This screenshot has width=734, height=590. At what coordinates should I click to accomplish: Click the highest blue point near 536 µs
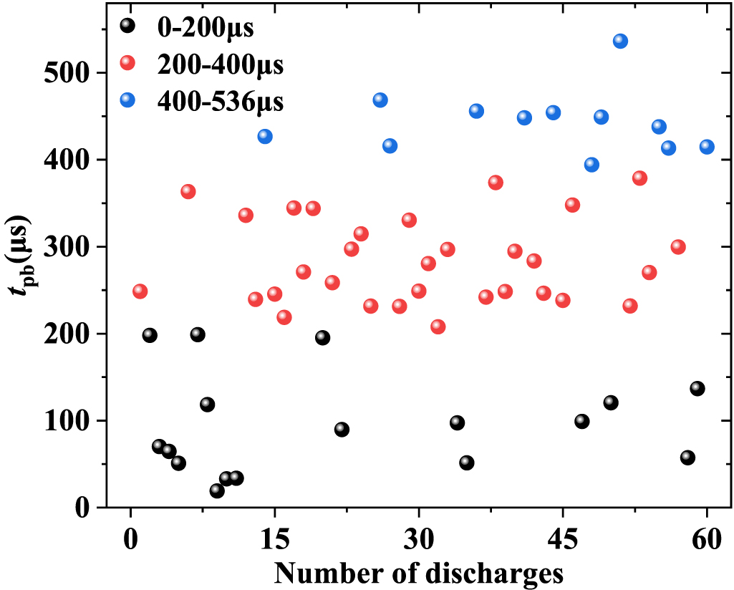coord(620,41)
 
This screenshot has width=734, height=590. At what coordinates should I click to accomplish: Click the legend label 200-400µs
coord(220,65)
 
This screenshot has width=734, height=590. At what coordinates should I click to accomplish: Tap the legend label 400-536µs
coord(220,102)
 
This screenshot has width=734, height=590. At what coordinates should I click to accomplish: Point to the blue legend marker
coord(127,100)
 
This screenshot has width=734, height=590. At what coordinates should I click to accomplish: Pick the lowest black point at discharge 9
coord(217,490)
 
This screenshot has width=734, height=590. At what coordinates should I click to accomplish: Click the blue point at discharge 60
coord(707,147)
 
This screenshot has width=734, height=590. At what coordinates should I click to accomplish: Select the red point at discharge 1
coord(140,291)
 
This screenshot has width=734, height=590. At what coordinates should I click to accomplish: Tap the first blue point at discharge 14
coord(265,136)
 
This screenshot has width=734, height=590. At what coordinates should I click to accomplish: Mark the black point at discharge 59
coord(697,388)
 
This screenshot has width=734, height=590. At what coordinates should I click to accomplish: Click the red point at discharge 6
coord(188,191)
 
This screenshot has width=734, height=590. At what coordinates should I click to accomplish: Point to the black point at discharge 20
coord(322,338)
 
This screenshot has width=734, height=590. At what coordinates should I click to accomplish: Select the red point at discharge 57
coord(678,247)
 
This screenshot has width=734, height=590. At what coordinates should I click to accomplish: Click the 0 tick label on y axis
coord(90,508)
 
